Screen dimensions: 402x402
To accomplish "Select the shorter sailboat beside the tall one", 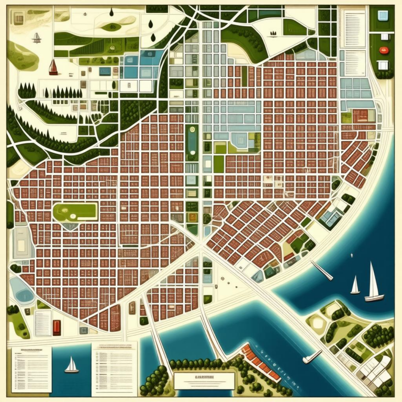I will (x=355, y=286).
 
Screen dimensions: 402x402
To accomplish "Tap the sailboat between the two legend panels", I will (x=71, y=365).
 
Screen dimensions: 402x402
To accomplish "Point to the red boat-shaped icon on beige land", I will (x=52, y=66).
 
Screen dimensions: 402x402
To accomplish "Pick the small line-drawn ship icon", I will (x=37, y=37).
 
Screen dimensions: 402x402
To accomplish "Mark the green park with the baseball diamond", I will (x=75, y=212).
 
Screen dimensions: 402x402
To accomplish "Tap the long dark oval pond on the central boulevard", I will (x=192, y=142).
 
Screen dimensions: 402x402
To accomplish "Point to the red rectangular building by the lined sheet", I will (x=57, y=327).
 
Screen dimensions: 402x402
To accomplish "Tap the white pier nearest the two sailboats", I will (x=322, y=270).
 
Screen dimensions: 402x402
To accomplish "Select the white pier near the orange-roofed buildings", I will (x=312, y=356).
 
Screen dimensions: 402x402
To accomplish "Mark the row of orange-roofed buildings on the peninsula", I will (x=260, y=361).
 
